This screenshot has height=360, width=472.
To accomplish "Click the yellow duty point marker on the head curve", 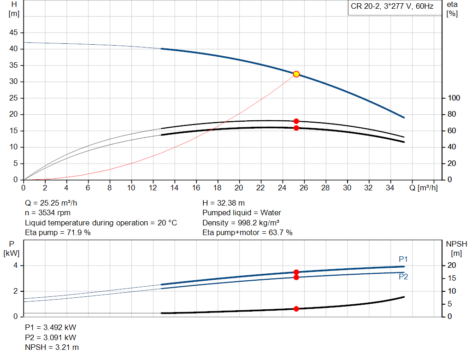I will click(x=296, y=74).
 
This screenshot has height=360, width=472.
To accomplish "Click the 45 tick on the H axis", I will click(x=14, y=33).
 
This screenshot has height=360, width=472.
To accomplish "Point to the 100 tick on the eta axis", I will click(x=454, y=98).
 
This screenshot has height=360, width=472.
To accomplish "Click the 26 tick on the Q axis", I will click(x=304, y=188).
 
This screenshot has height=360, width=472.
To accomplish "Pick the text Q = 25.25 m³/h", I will click(x=54, y=203).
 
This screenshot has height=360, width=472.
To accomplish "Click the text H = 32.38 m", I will click(x=224, y=203).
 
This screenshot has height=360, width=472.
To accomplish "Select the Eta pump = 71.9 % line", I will click(x=58, y=233).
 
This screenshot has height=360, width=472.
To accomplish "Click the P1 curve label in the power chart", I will click(x=403, y=259).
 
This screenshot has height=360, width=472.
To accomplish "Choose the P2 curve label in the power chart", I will click(x=403, y=277).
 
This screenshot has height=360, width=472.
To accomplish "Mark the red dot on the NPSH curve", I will click(x=296, y=309).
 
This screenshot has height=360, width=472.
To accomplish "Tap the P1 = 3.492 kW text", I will click(x=51, y=327).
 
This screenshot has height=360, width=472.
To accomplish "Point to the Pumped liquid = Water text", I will click(x=242, y=213).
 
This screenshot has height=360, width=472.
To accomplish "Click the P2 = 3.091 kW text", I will click(x=51, y=337).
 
